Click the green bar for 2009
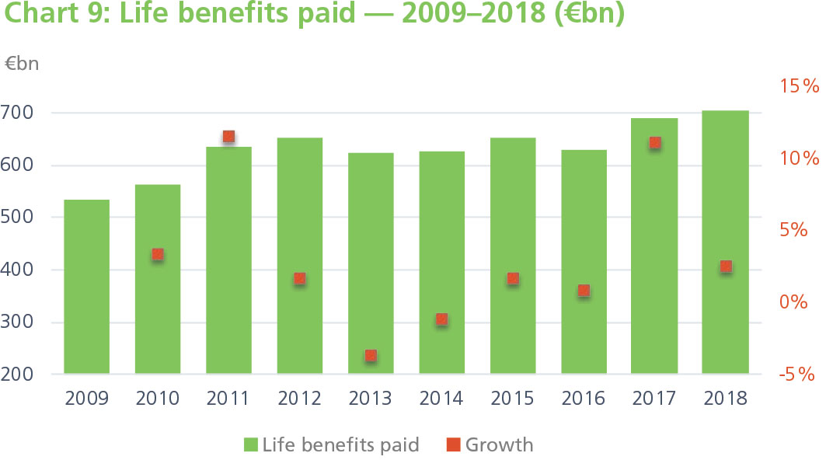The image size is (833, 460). click(86, 287)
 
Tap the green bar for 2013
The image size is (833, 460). click(371, 263)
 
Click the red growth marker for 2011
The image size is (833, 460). click(228, 137)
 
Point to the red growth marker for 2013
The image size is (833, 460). click(371, 356)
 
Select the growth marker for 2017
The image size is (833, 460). click(654, 143)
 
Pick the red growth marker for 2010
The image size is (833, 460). click(158, 254)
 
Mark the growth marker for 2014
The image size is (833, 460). click(441, 319)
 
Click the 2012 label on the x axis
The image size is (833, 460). click(299, 399)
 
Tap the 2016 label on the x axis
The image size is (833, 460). click(583, 399)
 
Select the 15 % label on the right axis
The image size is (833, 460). click(800, 86)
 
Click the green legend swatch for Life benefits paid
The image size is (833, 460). click(250, 445)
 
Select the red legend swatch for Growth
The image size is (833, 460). click(453, 445)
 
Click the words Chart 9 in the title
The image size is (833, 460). click(56, 16)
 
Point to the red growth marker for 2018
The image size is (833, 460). click(726, 267)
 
